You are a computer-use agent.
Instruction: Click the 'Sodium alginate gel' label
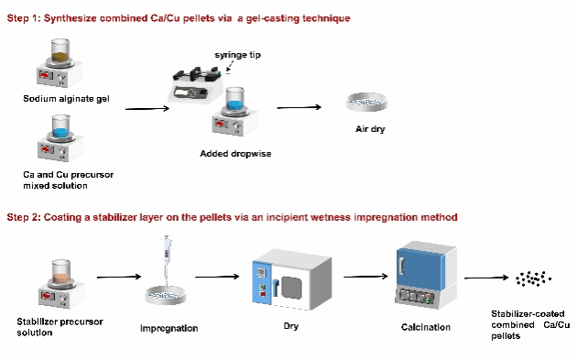[x=66, y=99]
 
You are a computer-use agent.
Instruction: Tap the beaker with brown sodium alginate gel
[x=60, y=50]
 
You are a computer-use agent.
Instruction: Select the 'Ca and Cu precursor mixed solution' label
[x=68, y=180]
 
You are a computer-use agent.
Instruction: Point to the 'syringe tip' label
[x=238, y=55]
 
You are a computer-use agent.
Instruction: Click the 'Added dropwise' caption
[x=235, y=154]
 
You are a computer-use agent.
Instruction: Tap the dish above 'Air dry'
[x=367, y=102]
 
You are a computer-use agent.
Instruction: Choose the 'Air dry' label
[x=370, y=129]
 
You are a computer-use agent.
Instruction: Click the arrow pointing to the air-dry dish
[x=299, y=107]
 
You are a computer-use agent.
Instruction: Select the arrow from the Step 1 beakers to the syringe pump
[x=147, y=109]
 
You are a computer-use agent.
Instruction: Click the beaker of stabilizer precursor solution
[x=61, y=272]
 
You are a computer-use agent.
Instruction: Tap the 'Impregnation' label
[x=169, y=328]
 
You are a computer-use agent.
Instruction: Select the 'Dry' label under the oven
[x=291, y=326]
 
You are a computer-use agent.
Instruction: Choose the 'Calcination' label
[x=426, y=327]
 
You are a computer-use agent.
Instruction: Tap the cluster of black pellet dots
[x=533, y=278]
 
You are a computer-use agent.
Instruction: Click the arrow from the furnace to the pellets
[x=486, y=278]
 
